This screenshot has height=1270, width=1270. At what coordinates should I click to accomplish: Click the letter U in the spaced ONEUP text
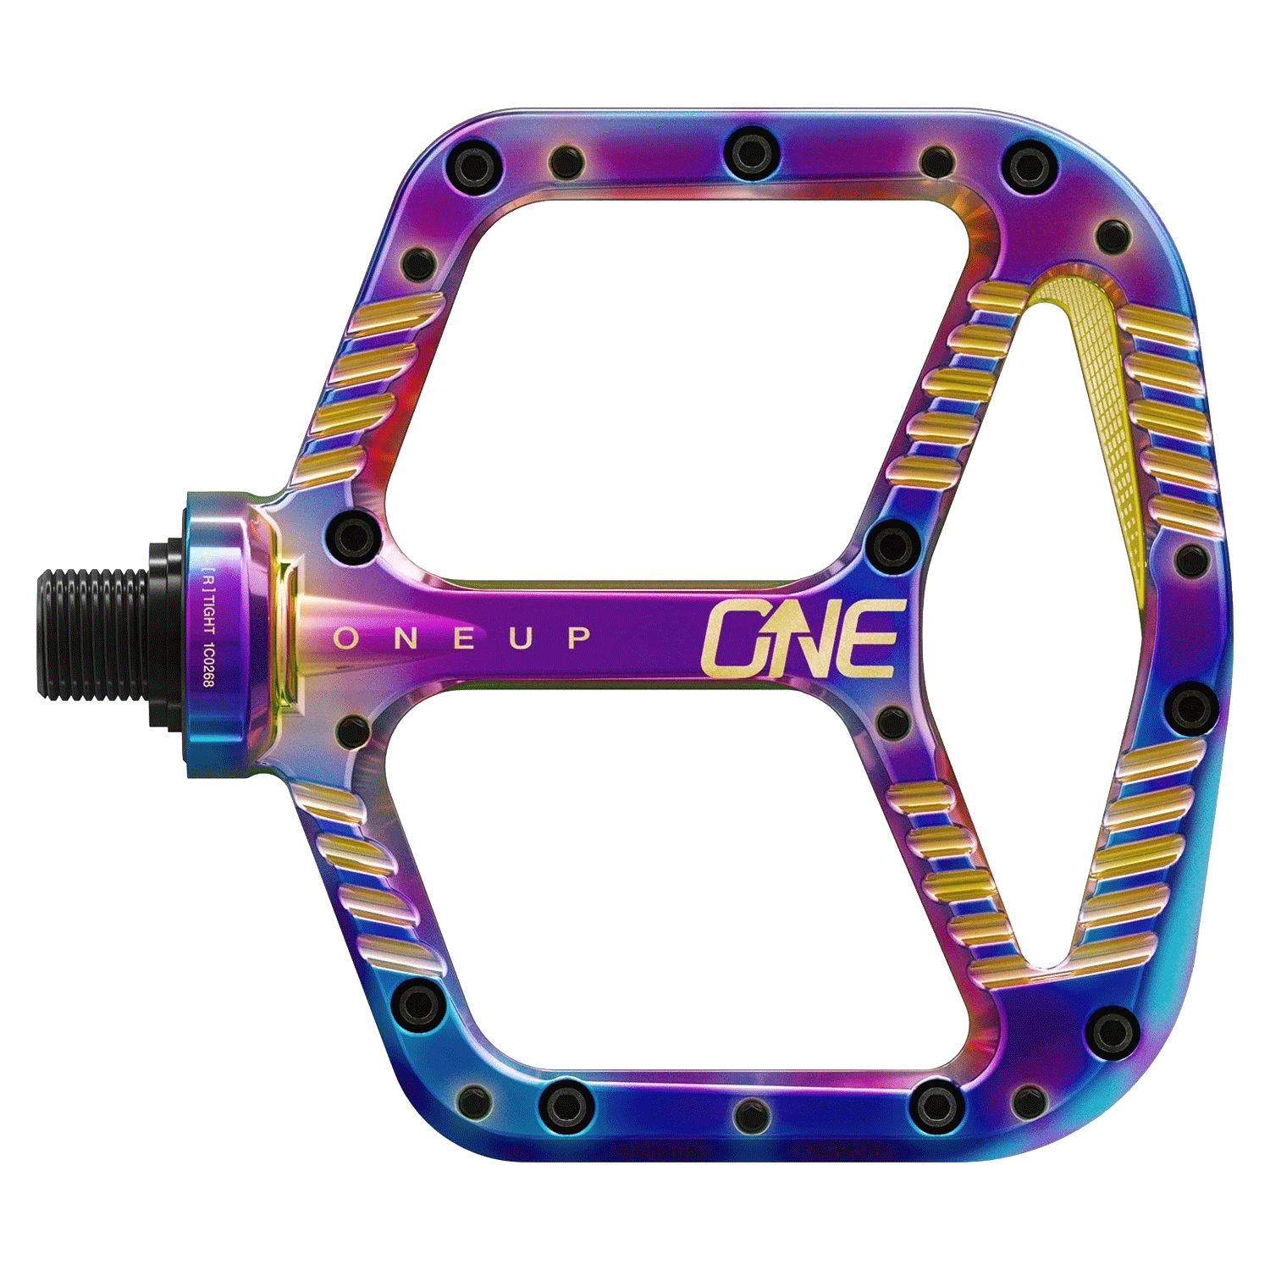click(520, 638)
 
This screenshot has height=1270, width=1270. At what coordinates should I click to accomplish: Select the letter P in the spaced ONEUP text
click(579, 638)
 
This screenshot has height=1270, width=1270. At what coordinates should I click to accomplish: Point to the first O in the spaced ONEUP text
click(345, 638)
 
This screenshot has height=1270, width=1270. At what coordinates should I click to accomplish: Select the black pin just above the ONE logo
click(894, 543)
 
